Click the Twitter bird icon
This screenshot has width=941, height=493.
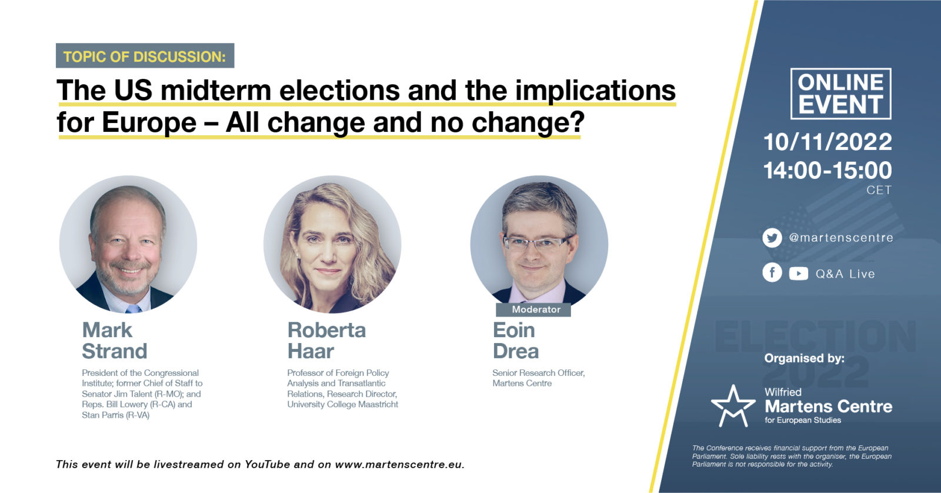[x=772, y=238]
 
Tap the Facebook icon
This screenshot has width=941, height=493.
[x=772, y=273]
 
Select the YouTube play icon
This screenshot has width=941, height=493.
[x=798, y=274]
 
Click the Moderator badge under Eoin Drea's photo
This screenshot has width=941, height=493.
[x=533, y=310]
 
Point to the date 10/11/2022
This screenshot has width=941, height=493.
[x=827, y=142]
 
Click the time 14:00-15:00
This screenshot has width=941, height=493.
[x=827, y=170]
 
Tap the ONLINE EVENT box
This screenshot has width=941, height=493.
[x=840, y=94]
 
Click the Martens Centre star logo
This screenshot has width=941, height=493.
[x=733, y=406]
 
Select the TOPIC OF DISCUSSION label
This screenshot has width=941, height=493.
[x=145, y=56]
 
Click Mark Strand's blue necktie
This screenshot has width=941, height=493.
[x=134, y=309]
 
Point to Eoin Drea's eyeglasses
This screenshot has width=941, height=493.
[x=536, y=242]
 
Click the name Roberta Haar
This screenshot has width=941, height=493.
[x=326, y=341]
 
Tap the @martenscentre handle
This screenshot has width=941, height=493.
[x=841, y=238]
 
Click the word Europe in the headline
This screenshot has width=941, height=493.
[x=149, y=123]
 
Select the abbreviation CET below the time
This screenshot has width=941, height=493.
[x=879, y=190]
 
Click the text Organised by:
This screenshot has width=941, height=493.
[x=804, y=358]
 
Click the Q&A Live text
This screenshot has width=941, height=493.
[x=845, y=274]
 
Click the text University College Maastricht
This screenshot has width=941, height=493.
[x=343, y=404]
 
